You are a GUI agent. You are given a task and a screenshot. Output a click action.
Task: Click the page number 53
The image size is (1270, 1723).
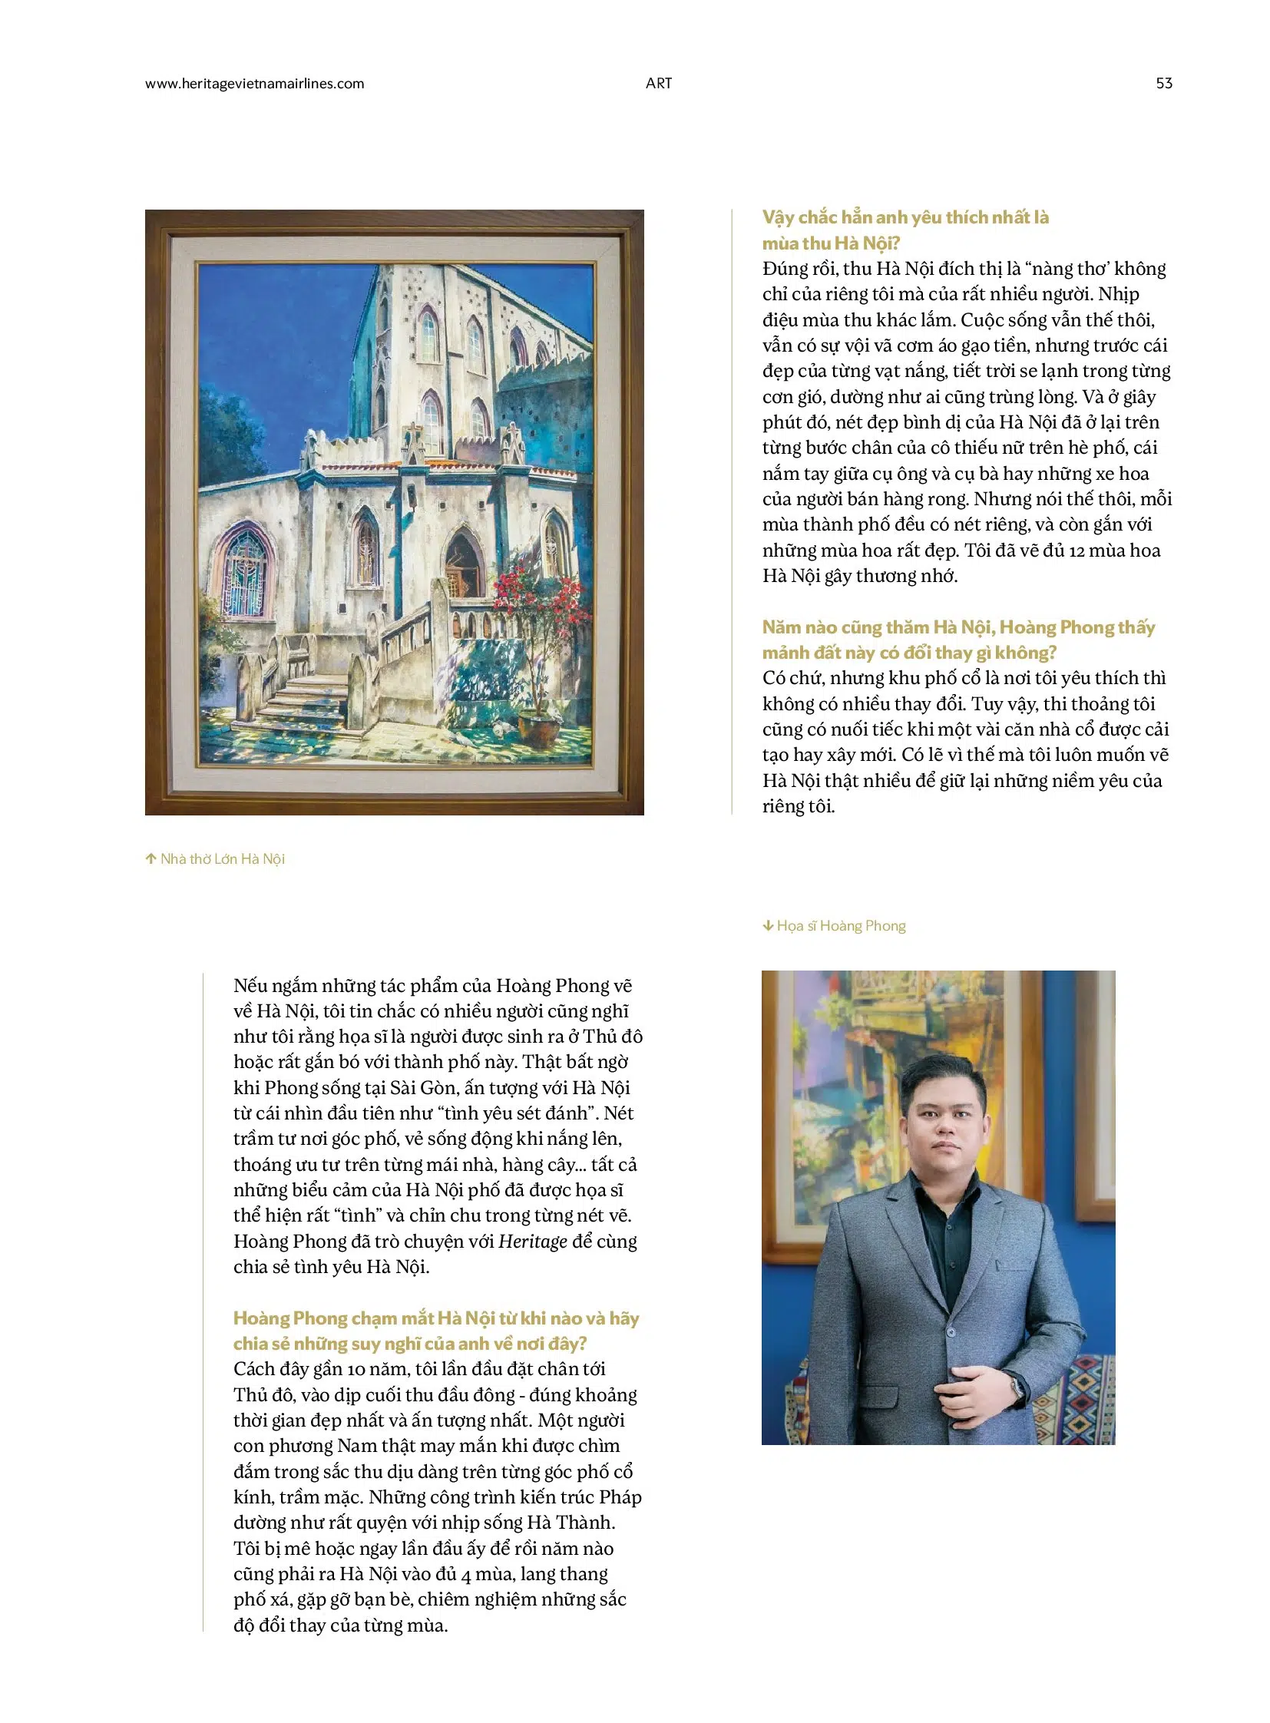[1163, 83]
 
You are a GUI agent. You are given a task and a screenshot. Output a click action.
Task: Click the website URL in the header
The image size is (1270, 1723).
[254, 84]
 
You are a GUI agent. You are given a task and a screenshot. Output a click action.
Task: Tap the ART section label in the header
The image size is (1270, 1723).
[659, 83]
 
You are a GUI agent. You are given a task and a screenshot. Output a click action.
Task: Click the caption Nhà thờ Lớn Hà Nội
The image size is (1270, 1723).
[222, 858]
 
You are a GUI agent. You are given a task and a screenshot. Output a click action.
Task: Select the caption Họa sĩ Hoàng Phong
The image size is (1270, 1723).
[841, 926]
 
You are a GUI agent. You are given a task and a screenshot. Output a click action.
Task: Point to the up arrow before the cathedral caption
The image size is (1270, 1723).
[150, 858]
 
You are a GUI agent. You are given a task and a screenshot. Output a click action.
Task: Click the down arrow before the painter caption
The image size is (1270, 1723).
[767, 926]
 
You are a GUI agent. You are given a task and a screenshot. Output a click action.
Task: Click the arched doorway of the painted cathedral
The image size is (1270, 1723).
[464, 563]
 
